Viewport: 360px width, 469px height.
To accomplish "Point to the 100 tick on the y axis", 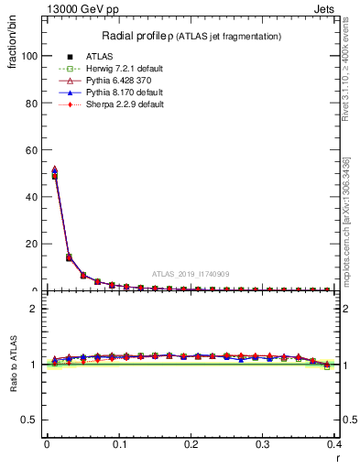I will [28, 56].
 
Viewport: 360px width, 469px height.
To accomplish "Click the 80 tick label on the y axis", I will [31, 103].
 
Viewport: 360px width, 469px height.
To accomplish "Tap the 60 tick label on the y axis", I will [31, 149].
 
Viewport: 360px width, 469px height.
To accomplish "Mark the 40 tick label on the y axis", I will [31, 197].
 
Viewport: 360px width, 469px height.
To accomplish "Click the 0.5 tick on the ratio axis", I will [30, 420].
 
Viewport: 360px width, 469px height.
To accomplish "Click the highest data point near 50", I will [54, 170].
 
